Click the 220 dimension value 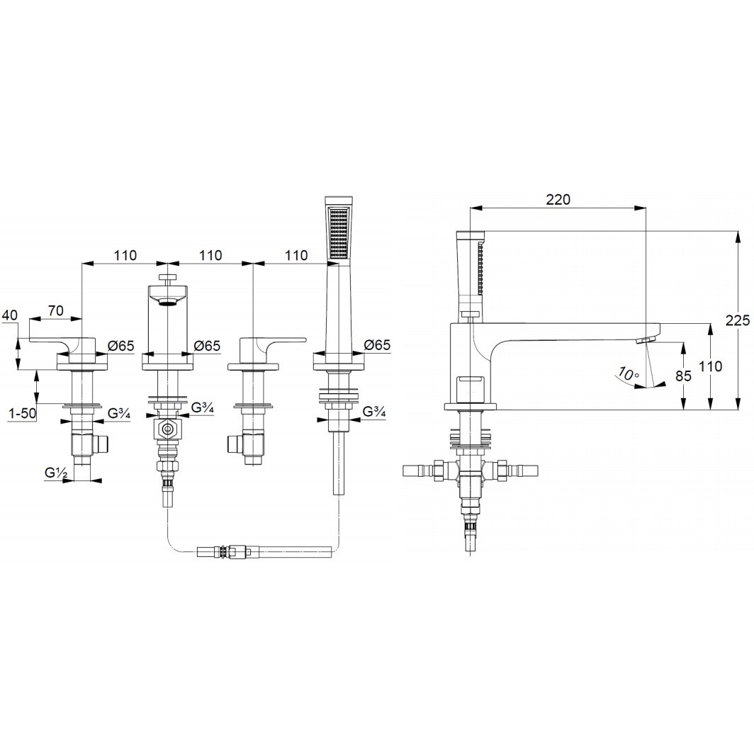558,199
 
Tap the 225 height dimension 737,320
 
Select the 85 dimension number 683,376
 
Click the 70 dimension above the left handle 56,310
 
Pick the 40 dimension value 10,315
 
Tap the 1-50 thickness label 22,412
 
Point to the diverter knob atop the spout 167,278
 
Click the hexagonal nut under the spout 167,429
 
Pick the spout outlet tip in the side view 643,340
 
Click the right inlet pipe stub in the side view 523,470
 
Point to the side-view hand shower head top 471,235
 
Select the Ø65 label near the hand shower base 377,344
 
